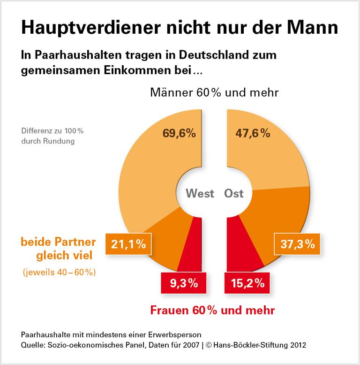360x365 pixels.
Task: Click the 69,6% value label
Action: (179, 133)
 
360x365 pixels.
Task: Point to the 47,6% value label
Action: (252, 133)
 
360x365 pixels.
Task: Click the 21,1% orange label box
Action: (128, 244)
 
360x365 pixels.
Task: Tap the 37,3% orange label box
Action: (297, 244)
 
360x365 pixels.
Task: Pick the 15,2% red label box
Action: (247, 283)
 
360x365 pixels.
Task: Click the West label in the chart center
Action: (200, 193)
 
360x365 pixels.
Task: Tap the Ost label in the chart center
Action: (234, 193)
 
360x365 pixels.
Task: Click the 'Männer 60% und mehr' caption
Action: (215, 92)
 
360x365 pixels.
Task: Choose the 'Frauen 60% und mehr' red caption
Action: (212, 310)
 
